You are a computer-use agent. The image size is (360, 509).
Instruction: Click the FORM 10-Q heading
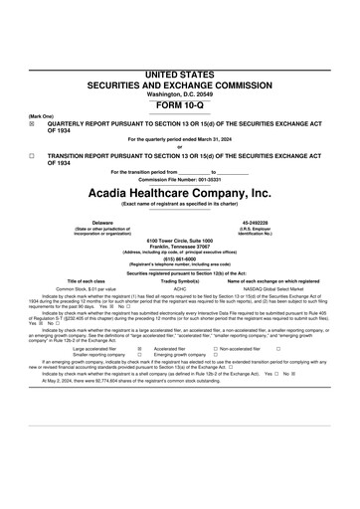point(179,104)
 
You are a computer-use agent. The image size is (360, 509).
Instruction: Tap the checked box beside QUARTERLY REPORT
point(32,123)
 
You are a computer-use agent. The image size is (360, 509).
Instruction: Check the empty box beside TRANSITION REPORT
point(32,156)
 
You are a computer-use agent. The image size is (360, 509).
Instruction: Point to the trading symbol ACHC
point(180,289)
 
